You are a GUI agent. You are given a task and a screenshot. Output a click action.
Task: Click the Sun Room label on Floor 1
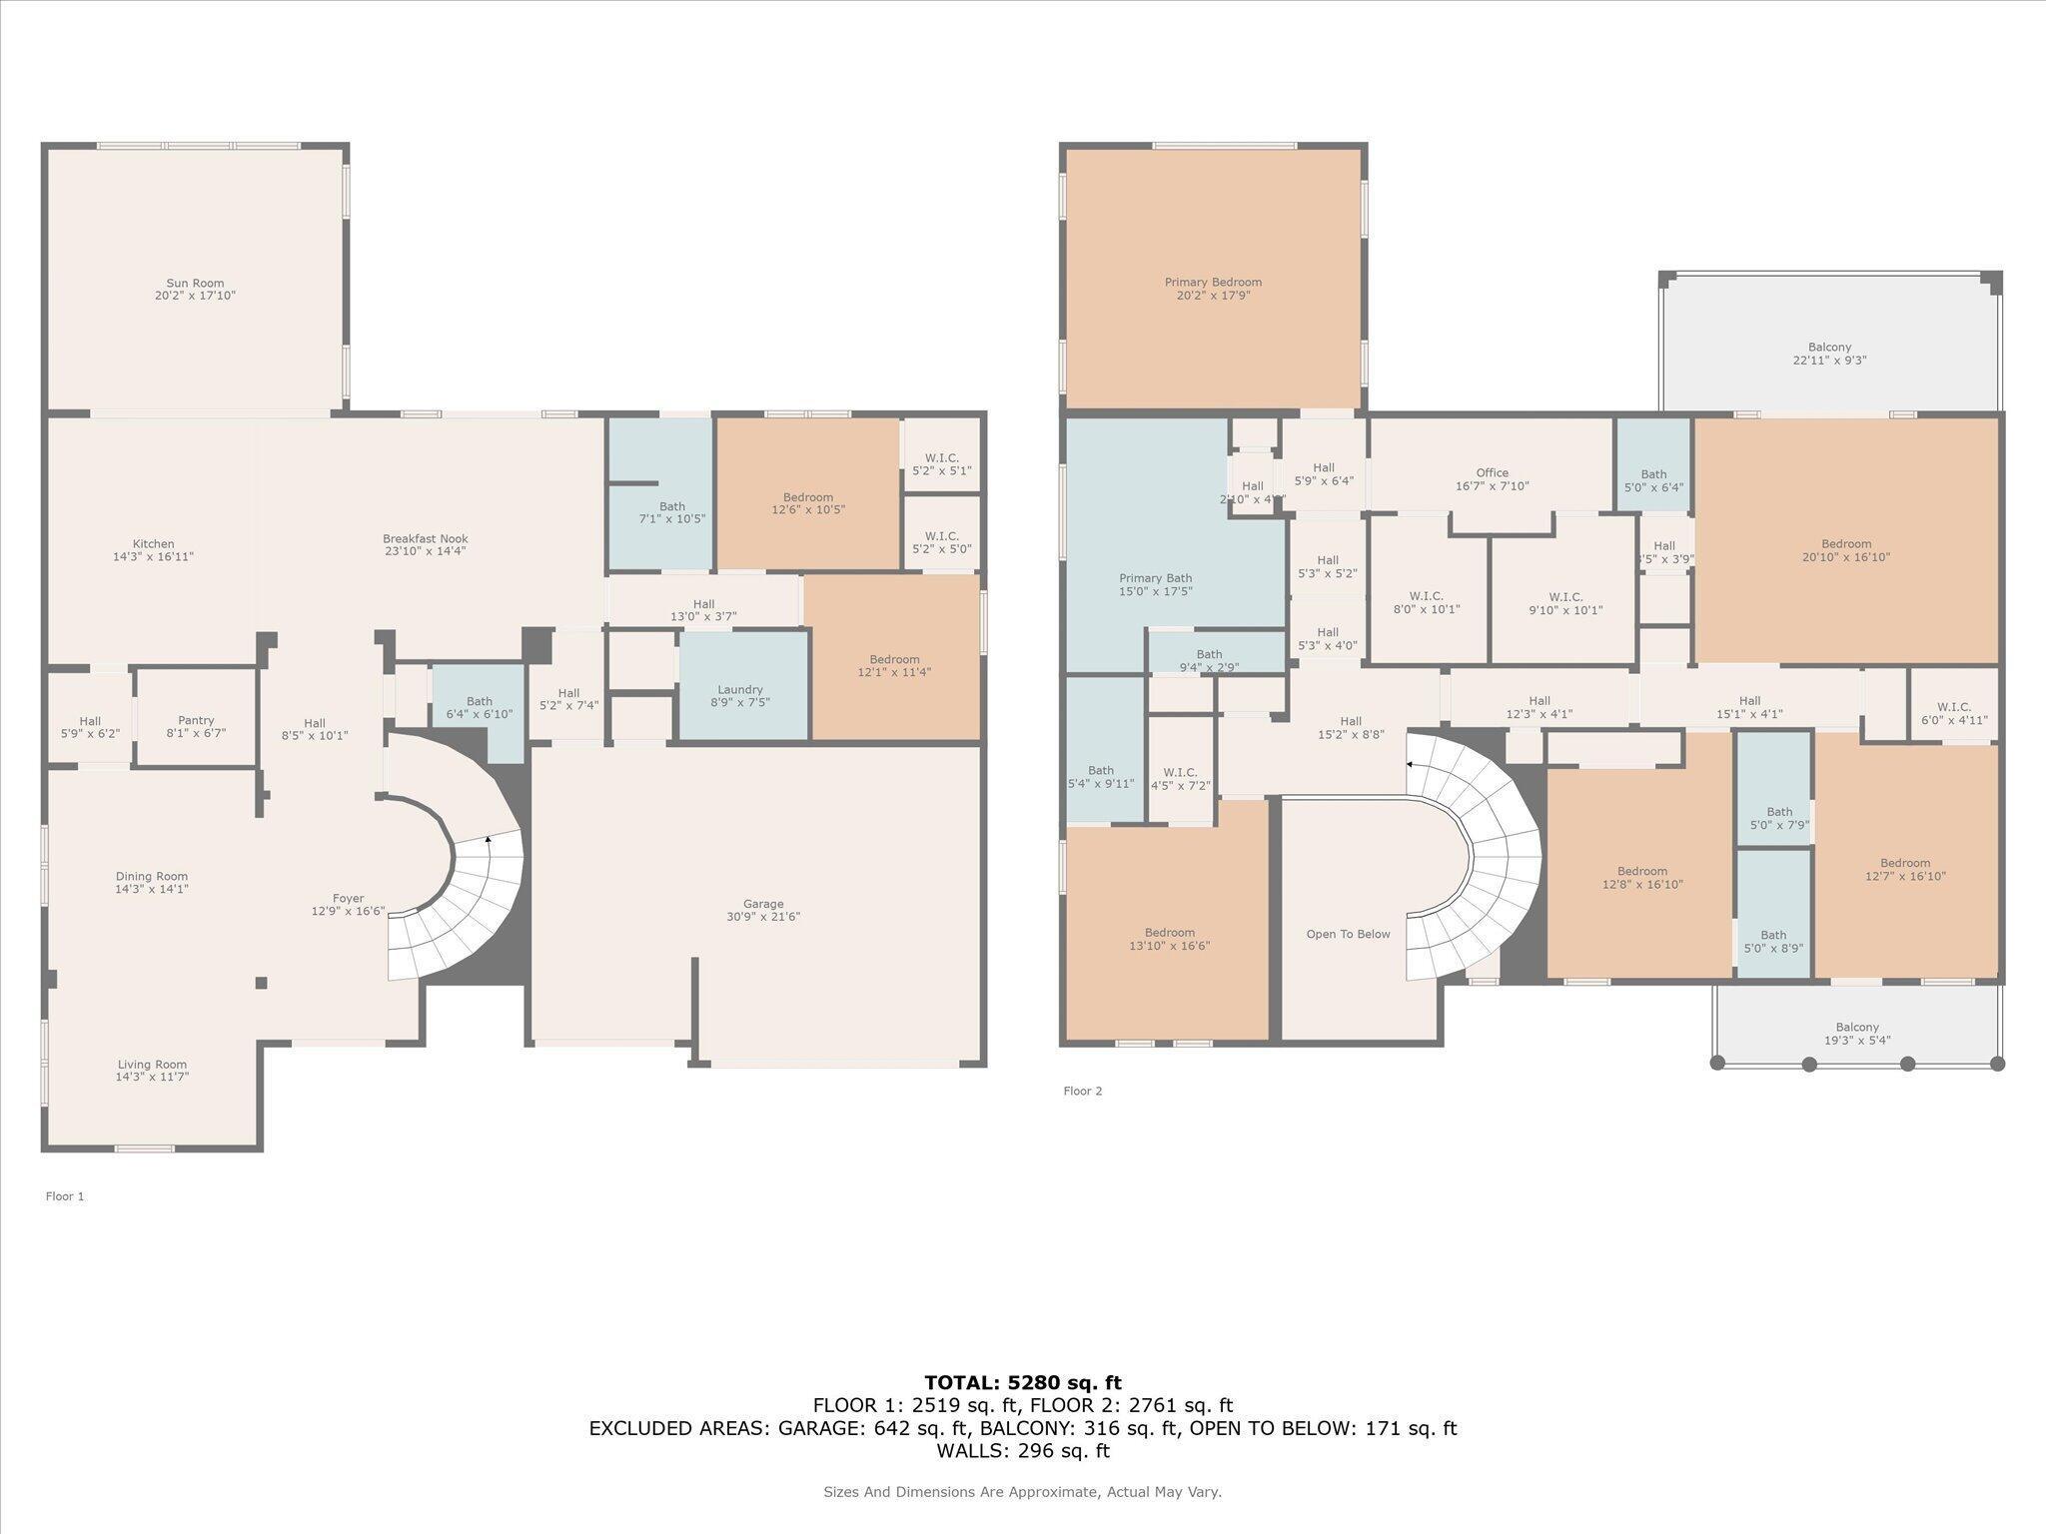(x=195, y=284)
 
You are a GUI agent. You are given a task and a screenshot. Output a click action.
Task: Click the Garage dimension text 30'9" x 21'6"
(x=763, y=917)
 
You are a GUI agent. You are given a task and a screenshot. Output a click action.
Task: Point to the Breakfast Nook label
(x=425, y=538)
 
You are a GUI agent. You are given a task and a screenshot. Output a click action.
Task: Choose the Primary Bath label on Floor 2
(x=1155, y=578)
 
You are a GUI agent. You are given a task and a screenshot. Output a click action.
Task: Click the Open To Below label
(x=1348, y=935)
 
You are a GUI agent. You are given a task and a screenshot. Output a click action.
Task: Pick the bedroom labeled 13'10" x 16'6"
(x=1169, y=939)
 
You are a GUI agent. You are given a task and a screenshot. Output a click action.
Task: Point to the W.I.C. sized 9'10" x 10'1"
(x=1564, y=603)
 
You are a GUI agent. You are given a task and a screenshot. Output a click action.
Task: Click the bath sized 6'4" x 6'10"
(x=479, y=708)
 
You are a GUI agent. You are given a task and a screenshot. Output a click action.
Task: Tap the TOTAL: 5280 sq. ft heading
(x=1022, y=1383)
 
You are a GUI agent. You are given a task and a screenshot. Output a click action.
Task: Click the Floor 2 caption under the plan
(x=1083, y=1092)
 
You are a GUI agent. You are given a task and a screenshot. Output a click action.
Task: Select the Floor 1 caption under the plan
(x=65, y=1196)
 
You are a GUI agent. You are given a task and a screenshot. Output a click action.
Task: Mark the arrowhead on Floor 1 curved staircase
(x=488, y=839)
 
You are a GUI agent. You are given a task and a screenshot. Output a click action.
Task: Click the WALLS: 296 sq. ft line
(x=1022, y=1451)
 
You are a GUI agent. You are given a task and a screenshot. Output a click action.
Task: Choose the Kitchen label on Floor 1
(x=153, y=544)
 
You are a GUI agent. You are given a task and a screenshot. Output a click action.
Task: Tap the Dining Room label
(x=152, y=877)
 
